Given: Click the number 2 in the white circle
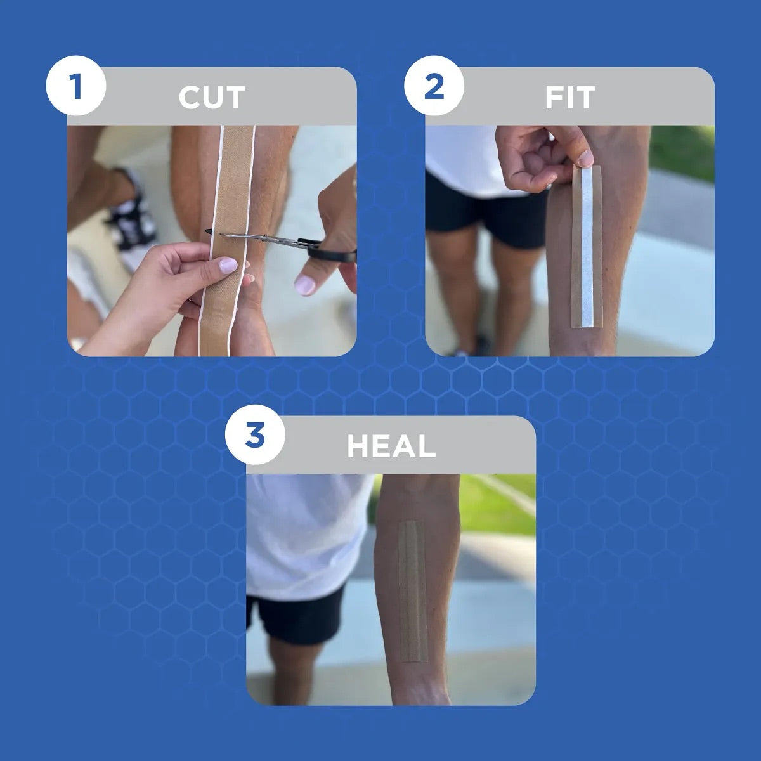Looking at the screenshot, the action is [x=434, y=86].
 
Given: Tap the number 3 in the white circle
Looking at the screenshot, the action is [x=255, y=435].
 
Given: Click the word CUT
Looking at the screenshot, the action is [x=212, y=97].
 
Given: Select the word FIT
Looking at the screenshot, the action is [x=570, y=97].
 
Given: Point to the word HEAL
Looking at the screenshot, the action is [x=391, y=446].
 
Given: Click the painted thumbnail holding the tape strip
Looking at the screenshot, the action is [x=228, y=264].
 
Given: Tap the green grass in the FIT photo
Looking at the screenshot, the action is [x=681, y=152].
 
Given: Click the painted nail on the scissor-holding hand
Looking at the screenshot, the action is [x=304, y=285].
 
